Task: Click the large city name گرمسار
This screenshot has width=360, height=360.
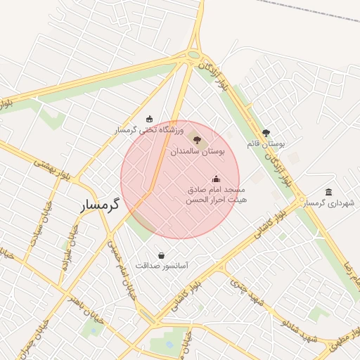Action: [x=97, y=205]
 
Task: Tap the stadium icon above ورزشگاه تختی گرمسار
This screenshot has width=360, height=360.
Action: [x=149, y=119]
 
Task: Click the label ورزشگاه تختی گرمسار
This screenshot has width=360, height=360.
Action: [x=149, y=130]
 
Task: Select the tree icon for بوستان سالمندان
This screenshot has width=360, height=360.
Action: [x=197, y=140]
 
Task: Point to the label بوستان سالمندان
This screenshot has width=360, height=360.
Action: [x=197, y=151]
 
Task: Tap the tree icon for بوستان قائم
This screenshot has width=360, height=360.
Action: [x=266, y=132]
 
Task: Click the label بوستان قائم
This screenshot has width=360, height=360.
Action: [x=265, y=143]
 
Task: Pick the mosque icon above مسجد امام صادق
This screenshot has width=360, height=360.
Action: [x=216, y=179]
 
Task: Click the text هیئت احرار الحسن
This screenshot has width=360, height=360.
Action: [x=214, y=200]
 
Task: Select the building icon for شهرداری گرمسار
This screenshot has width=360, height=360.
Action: [x=329, y=192]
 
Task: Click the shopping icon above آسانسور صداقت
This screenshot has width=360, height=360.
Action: [x=162, y=255]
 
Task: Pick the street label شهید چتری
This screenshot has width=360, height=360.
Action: [x=247, y=291]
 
